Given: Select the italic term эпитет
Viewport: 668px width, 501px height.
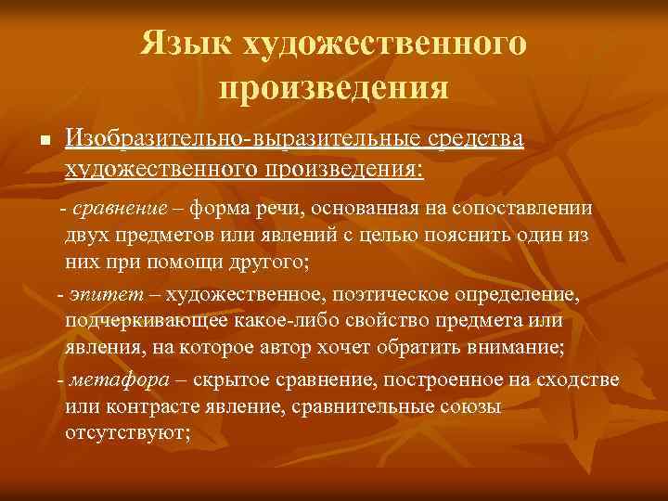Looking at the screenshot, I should point(93,294).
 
